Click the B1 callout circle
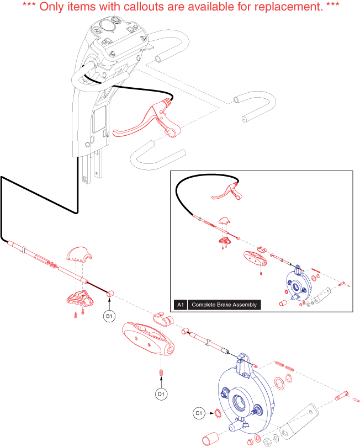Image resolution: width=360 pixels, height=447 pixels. point(109,316)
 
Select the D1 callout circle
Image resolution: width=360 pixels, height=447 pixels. point(161,394)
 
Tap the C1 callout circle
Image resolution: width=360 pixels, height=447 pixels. point(199,413)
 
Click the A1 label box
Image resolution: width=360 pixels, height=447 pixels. point(181,305)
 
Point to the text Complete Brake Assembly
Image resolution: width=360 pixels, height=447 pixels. point(224,305)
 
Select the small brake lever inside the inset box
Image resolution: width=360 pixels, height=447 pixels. point(227,192)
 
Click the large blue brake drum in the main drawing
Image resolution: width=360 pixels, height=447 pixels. point(245,396)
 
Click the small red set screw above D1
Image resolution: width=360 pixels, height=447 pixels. point(161,372)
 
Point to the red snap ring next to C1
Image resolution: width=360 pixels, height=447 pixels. point(218,413)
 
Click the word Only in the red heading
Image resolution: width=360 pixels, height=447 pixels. point(52,6)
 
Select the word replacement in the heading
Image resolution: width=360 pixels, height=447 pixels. point(288,7)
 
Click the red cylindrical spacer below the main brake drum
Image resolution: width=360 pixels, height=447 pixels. point(210,438)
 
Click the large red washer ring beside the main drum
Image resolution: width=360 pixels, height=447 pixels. point(279,383)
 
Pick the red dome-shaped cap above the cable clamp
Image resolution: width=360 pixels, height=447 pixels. point(80,254)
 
